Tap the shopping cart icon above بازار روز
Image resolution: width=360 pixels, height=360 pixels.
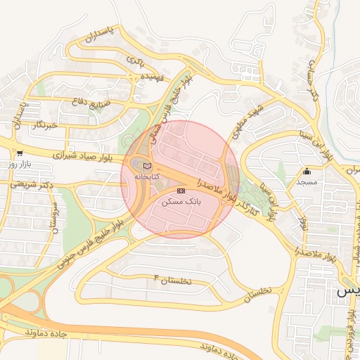tap(19, 153)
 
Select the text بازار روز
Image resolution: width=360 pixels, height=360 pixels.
tap(21, 164)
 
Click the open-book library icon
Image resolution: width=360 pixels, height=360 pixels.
tap(146, 166)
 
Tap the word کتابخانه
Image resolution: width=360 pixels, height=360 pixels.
tap(146, 176)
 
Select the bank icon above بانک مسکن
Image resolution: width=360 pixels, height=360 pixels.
tap(181, 191)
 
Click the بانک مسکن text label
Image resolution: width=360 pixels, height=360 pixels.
tap(181, 200)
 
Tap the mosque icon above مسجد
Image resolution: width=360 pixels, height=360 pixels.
tap(307, 171)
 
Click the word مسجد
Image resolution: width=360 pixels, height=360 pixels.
tap(306, 182)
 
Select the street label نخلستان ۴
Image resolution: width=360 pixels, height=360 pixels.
tap(172, 279)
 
